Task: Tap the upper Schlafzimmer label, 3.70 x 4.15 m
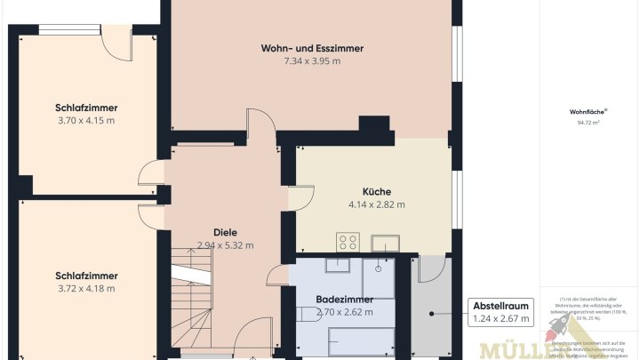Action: [x=86, y=108]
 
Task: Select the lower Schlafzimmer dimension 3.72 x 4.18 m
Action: [x=86, y=288]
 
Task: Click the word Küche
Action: [x=376, y=191]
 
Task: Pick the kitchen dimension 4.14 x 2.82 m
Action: [x=376, y=204]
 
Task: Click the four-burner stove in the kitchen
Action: [x=347, y=242]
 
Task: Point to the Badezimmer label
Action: [x=344, y=299]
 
